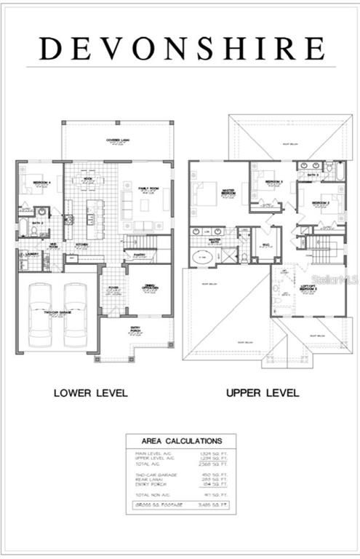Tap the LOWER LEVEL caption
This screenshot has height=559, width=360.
[x=91, y=393]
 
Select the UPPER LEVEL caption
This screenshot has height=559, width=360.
[x=263, y=393]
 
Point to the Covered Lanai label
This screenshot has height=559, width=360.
[x=118, y=141]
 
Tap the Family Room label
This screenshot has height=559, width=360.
[x=148, y=189]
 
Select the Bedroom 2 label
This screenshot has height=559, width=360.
[x=321, y=203]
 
